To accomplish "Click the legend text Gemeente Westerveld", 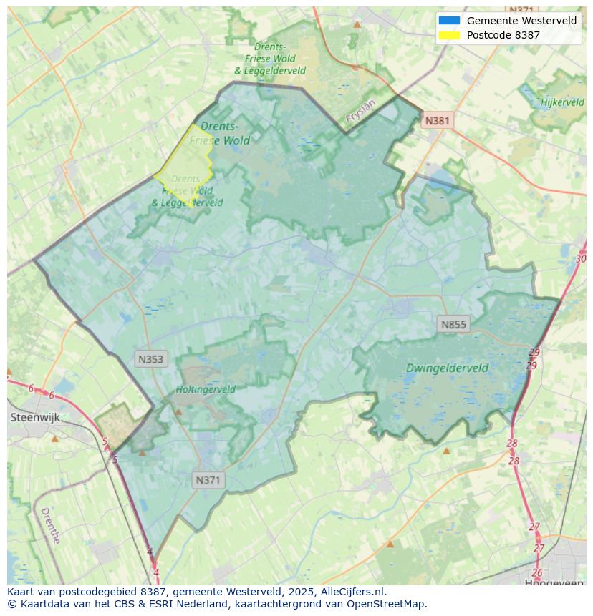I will click(x=521, y=21).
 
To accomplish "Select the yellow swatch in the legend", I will click(x=449, y=35).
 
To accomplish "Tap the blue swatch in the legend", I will click(x=449, y=21).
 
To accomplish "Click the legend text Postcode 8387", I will click(x=503, y=35).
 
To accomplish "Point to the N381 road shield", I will click(x=437, y=120).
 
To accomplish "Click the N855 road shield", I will click(x=453, y=324).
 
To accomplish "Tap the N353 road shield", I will click(x=150, y=359).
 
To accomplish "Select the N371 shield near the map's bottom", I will click(x=208, y=480).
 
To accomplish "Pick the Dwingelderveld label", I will click(x=447, y=368).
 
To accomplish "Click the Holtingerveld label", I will click(x=206, y=390).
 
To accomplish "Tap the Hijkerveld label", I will click(x=563, y=102).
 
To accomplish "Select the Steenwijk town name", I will click(x=34, y=417).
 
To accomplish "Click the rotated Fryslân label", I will click(x=360, y=114).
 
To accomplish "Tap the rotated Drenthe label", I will click(x=50, y=526).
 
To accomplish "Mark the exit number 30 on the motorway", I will click(x=581, y=258).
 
